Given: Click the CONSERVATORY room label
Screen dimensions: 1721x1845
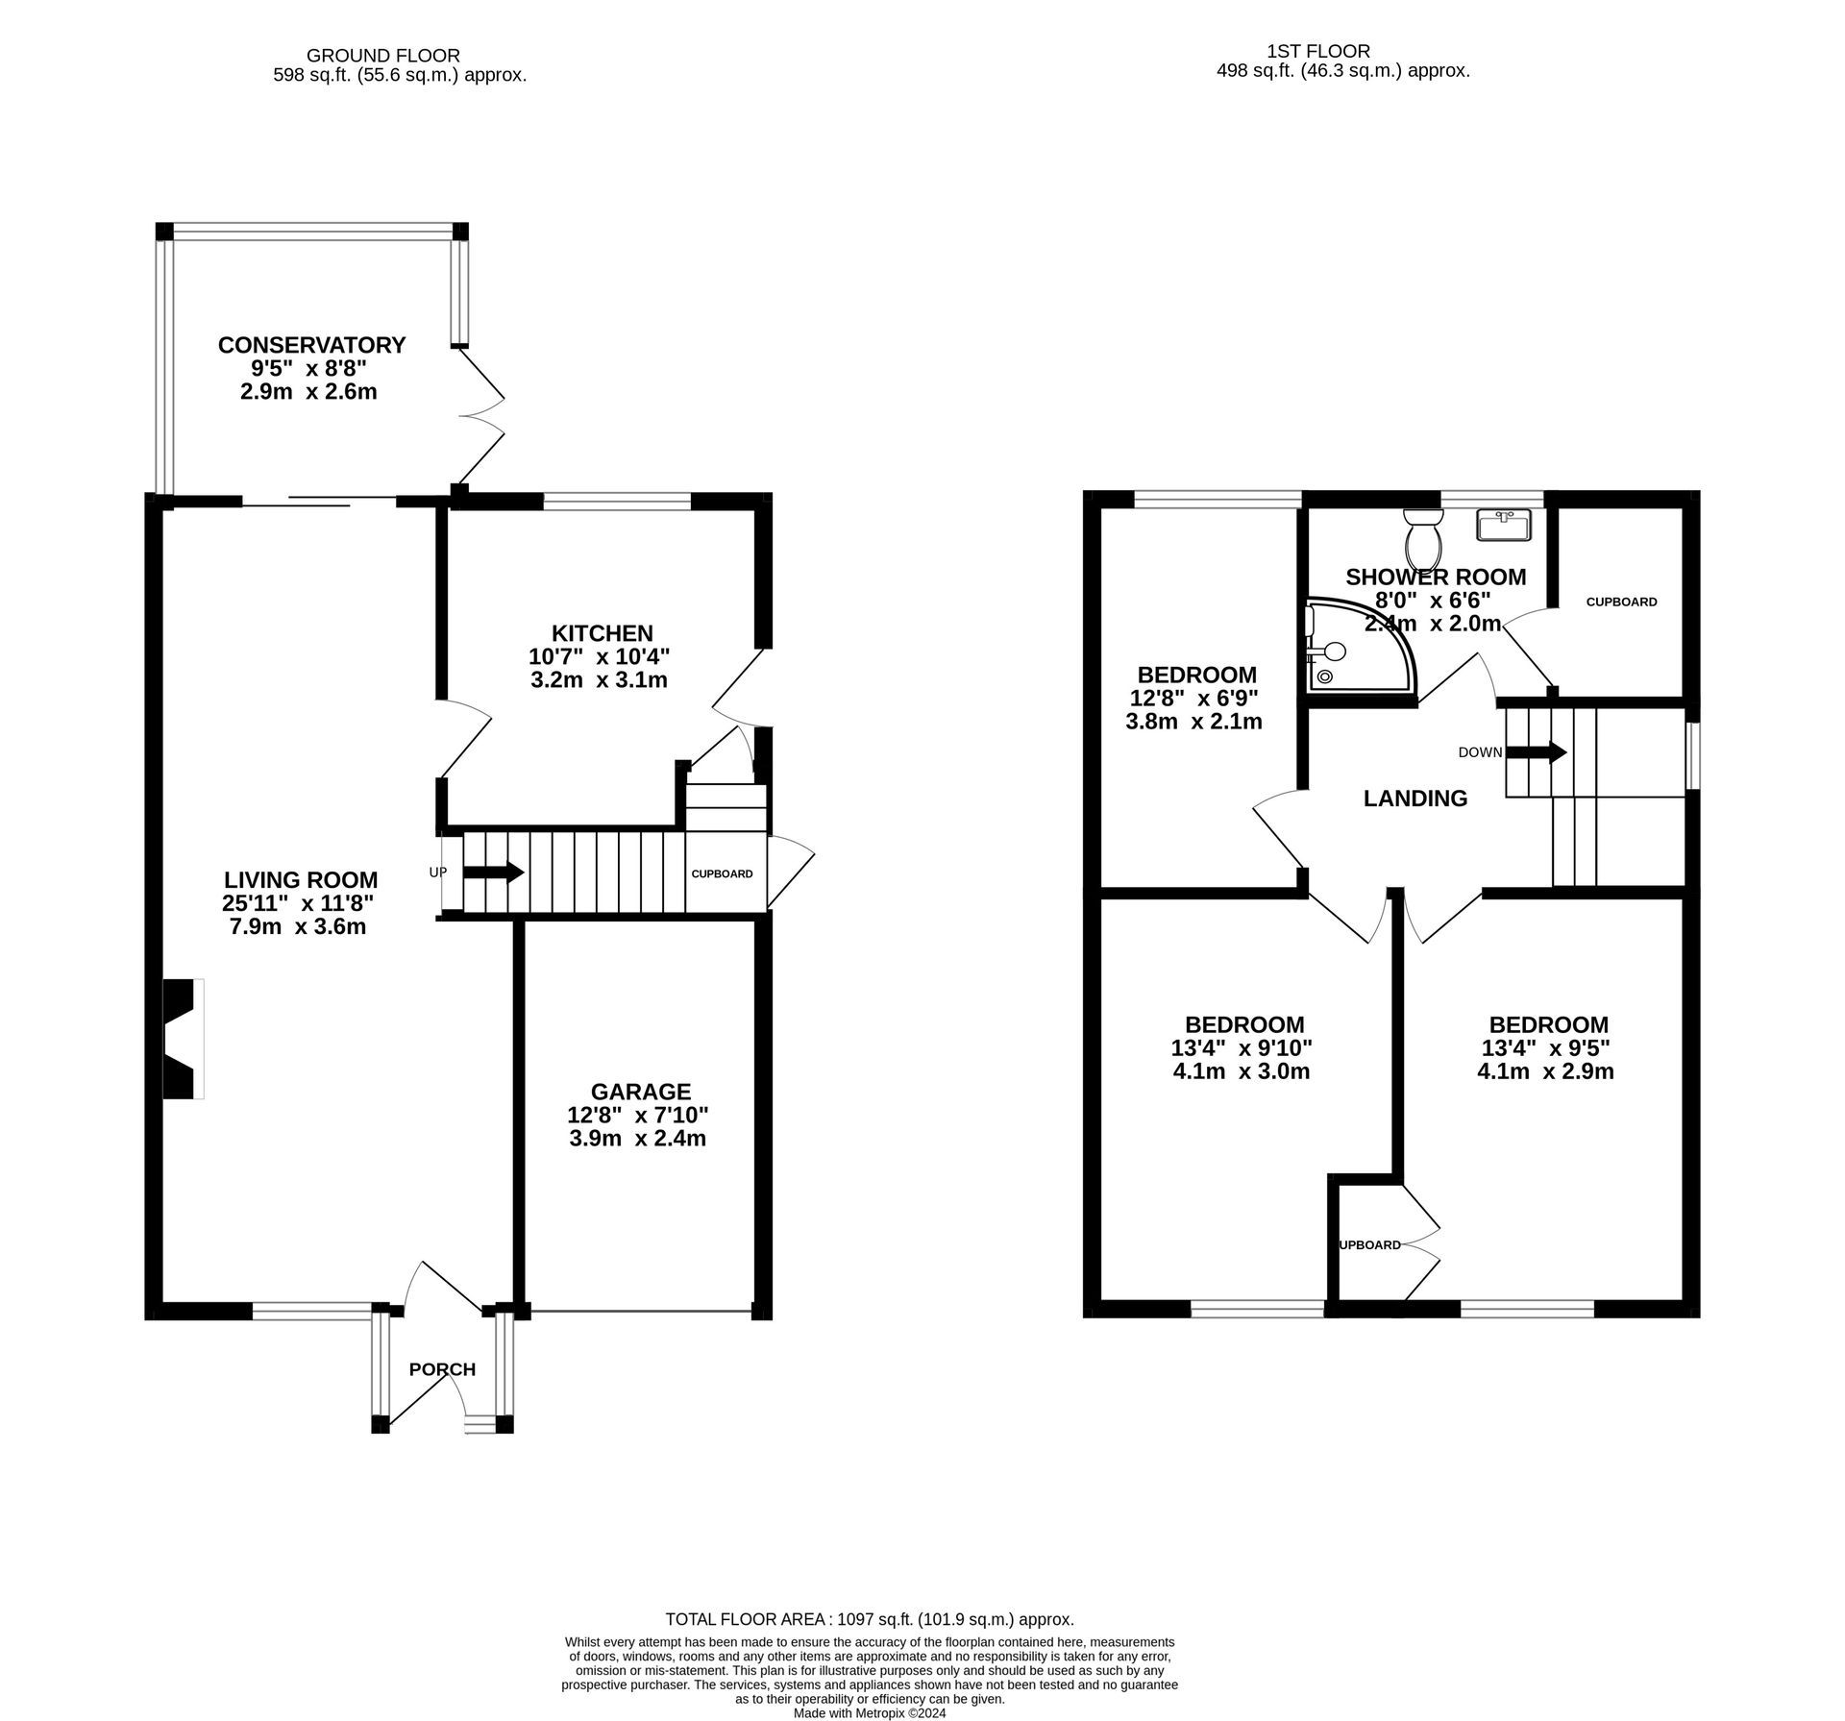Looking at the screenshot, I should click(311, 345).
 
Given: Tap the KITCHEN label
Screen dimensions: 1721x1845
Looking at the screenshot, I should click(602, 633).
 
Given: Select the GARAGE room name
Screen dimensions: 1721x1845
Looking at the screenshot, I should click(640, 1092).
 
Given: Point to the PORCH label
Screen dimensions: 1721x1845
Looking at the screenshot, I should click(442, 1369).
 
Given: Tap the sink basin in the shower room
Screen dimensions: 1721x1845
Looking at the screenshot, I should click(1504, 526).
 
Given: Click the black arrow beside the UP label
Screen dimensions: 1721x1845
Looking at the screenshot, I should click(494, 873).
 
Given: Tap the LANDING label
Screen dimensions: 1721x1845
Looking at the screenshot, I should click(1415, 799).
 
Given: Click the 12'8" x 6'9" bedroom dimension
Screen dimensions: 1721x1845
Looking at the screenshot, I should click(1195, 698).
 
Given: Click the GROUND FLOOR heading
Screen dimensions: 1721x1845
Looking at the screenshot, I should click(382, 56).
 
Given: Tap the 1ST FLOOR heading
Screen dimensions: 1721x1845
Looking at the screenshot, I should click(1317, 51).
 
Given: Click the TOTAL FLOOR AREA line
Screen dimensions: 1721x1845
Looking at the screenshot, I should click(869, 1619).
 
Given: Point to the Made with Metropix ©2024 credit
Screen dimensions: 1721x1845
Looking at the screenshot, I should click(870, 1713).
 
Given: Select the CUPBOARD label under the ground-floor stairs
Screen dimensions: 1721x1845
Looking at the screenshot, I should click(722, 874).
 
